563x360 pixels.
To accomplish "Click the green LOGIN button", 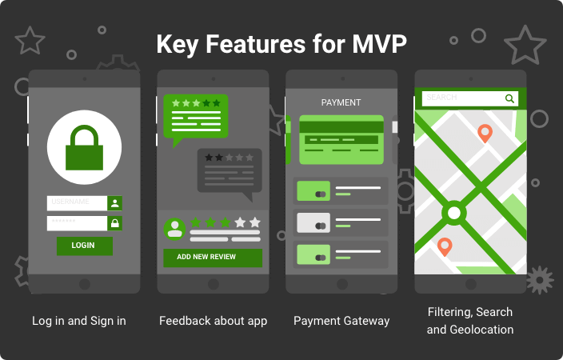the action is pyautogui.click(x=85, y=246).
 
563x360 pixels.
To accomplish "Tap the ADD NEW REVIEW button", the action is pyautogui.click(x=213, y=258).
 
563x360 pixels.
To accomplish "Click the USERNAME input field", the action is pyautogui.click(x=77, y=203).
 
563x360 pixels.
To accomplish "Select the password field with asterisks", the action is pyautogui.click(x=77, y=223).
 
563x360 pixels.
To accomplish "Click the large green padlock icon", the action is pyautogui.click(x=85, y=148).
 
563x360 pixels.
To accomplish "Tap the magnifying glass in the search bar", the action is pyautogui.click(x=509, y=98).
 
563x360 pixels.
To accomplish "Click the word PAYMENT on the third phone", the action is pyautogui.click(x=341, y=102).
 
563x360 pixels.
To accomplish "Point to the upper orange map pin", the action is pyautogui.click(x=485, y=134).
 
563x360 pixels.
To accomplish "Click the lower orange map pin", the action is pyautogui.click(x=445, y=247).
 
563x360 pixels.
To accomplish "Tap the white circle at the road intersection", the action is pyautogui.click(x=454, y=213).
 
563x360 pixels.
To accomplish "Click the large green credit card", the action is pyautogui.click(x=341, y=140).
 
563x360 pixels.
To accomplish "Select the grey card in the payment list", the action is pyautogui.click(x=313, y=222).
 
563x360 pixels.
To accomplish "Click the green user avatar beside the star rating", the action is pyautogui.click(x=174, y=229).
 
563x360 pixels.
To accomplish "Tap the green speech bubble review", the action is pyautogui.click(x=196, y=117).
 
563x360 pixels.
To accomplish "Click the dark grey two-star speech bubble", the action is pyautogui.click(x=230, y=170).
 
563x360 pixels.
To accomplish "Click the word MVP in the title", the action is pyautogui.click(x=379, y=44).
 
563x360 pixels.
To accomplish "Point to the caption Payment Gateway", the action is pyautogui.click(x=341, y=321).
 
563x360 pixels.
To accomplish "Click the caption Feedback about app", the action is pyautogui.click(x=213, y=321).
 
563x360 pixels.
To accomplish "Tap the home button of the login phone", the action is pyautogui.click(x=85, y=284).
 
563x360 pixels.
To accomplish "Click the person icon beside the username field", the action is pyautogui.click(x=115, y=203).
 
